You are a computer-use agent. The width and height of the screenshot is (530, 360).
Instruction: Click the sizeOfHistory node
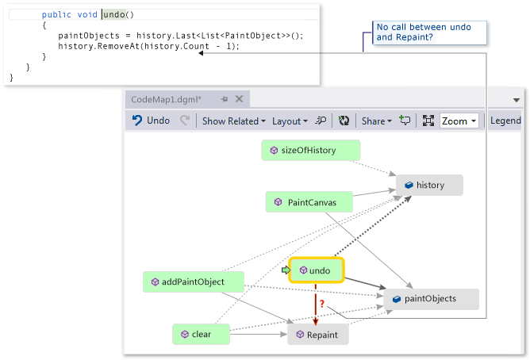pyautogui.click(x=310, y=151)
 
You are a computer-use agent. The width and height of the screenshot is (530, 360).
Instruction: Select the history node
pyautogui.click(x=429, y=186)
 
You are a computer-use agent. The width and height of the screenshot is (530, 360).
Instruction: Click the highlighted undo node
pyautogui.click(x=316, y=271)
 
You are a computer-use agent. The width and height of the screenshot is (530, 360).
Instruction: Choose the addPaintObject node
pyautogui.click(x=193, y=281)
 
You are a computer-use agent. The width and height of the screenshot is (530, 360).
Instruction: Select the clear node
pyautogui.click(x=201, y=335)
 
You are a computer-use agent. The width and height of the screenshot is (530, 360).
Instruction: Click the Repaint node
pyautogui.click(x=317, y=335)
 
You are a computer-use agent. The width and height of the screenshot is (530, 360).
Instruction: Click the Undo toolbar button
pyautogui.click(x=151, y=121)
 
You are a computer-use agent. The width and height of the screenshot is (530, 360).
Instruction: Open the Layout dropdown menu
pyautogui.click(x=290, y=121)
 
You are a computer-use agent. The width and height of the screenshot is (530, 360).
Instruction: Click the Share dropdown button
pyautogui.click(x=377, y=121)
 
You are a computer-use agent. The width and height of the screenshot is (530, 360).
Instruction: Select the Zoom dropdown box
pyautogui.click(x=459, y=121)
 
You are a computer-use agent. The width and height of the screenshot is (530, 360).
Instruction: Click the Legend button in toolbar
pyautogui.click(x=505, y=121)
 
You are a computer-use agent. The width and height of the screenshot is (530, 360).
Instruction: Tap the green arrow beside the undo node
pyautogui.click(x=286, y=270)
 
